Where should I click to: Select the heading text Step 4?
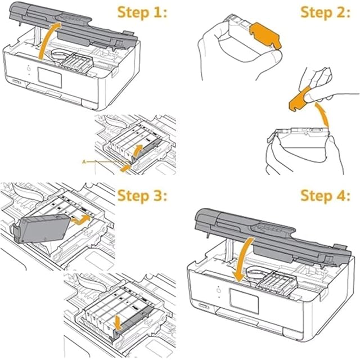tap(326, 196)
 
